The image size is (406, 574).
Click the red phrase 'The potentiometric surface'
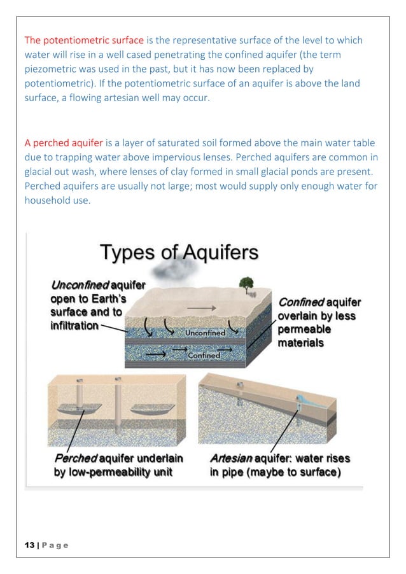tap(84, 41)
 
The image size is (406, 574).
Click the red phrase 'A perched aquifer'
tap(63, 143)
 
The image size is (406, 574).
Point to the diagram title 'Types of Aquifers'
tap(179, 252)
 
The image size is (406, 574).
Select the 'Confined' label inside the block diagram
tap(204, 356)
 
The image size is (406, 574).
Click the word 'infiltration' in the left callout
tap(74, 326)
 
